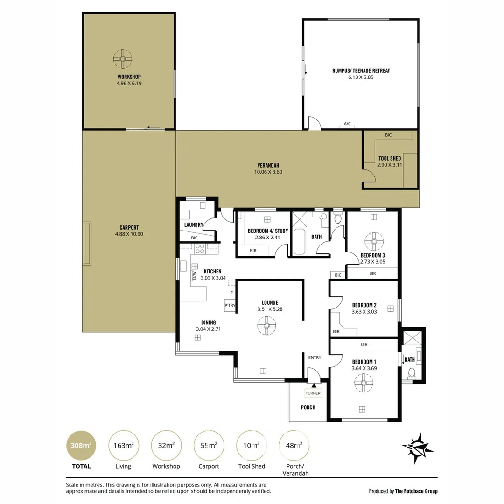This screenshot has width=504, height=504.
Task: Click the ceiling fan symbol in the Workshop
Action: coord(123,59)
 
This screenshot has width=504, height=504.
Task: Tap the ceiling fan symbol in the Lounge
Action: coord(267,326)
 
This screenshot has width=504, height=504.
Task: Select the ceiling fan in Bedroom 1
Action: coord(364,383)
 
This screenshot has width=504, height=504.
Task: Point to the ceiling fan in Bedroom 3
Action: coord(374,241)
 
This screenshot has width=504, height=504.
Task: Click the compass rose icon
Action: coord(417,448)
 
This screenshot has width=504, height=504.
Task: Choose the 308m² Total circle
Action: coord(81,446)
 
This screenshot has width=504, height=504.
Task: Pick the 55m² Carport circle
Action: coord(209,446)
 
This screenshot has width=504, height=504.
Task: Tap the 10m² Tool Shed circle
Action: coord(252,446)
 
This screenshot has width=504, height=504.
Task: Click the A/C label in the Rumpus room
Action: coord(348,124)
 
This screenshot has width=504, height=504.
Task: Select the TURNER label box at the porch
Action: coord(313,393)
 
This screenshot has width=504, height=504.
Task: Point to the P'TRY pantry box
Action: coord(230,305)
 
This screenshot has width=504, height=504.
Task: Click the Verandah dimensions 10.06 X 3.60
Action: coord(268,172)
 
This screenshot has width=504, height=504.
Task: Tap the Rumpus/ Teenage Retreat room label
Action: coord(361,71)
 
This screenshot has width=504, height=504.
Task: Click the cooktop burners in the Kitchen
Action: coord(200,249)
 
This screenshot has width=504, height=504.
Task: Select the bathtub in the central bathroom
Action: coord(299,241)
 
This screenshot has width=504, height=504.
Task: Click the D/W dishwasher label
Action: coord(194,275)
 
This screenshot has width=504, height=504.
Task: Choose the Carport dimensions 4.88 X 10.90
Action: coord(129,234)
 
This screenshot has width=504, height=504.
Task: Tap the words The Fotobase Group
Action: coord(416,491)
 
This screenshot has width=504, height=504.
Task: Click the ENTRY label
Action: coord(315,357)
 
